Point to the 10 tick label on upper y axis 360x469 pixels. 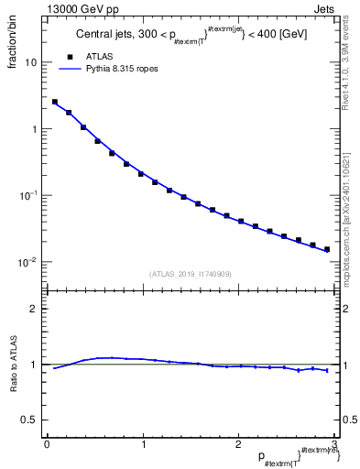pos(30,62)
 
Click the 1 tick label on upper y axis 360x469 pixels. pos(33,129)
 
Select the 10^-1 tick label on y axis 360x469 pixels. pos(27,195)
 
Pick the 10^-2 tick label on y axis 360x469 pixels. pos(27,262)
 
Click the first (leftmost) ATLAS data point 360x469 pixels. pos(55,102)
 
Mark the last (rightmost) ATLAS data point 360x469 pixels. pos(327,249)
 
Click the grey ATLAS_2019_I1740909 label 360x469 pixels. pos(190,274)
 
